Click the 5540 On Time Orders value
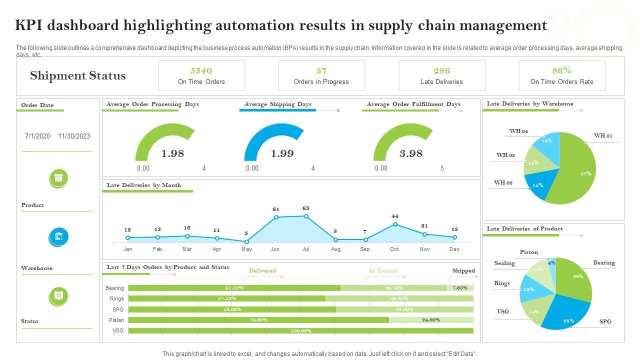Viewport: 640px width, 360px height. point(201,70)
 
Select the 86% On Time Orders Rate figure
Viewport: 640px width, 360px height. point(561,70)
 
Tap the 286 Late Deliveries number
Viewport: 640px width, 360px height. point(441,70)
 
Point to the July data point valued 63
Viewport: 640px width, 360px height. point(306,216)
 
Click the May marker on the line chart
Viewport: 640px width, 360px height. point(246,241)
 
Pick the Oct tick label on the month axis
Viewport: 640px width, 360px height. point(394,249)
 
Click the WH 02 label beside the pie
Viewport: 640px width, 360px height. point(503,183)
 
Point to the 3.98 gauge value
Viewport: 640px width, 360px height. point(411,153)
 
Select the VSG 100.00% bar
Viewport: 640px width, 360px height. point(300,330)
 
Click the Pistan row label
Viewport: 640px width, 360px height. point(116,320)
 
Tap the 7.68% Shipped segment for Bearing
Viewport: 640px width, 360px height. point(460,288)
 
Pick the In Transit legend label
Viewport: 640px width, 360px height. point(383,270)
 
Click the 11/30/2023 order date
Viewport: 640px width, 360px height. point(74,136)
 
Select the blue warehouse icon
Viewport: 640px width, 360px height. point(59,236)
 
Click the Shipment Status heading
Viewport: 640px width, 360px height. point(77,76)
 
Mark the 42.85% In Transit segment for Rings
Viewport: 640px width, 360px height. point(399,298)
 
